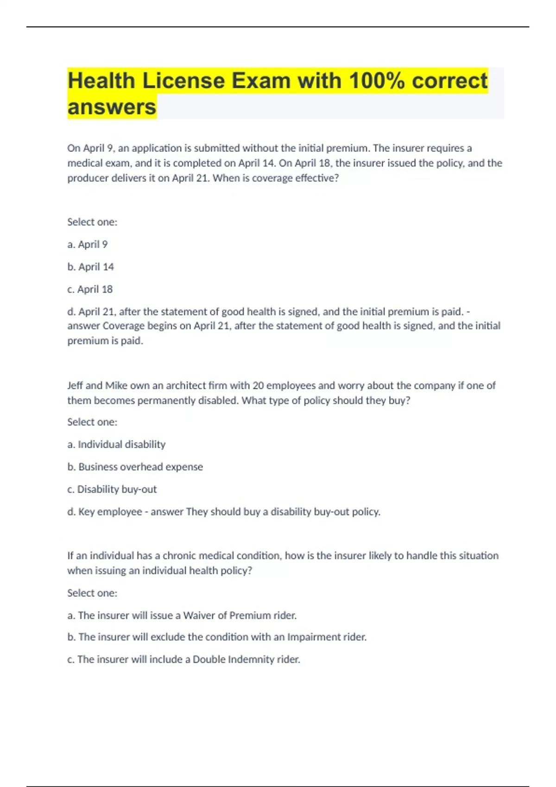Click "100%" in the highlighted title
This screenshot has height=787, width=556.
[x=377, y=81]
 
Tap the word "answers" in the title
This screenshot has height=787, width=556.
[x=112, y=107]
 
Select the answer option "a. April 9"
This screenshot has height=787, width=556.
[x=88, y=244]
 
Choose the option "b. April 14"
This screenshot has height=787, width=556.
[x=90, y=267]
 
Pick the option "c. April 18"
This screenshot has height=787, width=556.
[x=90, y=289]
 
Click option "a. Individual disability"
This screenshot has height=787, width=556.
[x=116, y=444]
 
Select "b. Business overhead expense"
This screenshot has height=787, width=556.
[x=135, y=467]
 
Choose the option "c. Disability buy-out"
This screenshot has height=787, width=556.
[x=112, y=489]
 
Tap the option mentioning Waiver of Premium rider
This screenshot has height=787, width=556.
[x=182, y=616]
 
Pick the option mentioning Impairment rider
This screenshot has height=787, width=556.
[x=217, y=637]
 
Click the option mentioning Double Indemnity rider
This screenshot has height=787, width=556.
[x=183, y=660]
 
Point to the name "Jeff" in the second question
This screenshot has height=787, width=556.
[x=75, y=386]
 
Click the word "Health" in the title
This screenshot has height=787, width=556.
[x=101, y=81]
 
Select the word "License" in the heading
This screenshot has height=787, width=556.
[x=183, y=81]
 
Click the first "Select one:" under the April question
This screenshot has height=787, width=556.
[x=92, y=222]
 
